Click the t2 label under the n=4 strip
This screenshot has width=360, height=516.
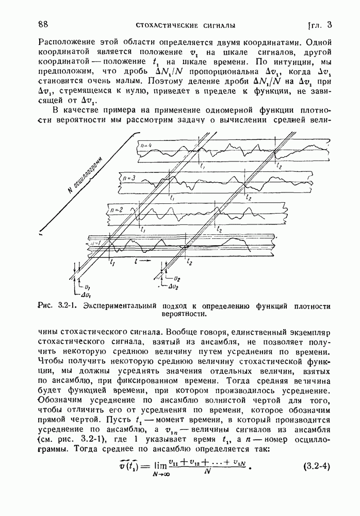279,166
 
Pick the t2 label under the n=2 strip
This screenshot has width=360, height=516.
220,229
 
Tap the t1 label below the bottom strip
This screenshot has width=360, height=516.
112,262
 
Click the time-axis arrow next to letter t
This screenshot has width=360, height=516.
147,262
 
